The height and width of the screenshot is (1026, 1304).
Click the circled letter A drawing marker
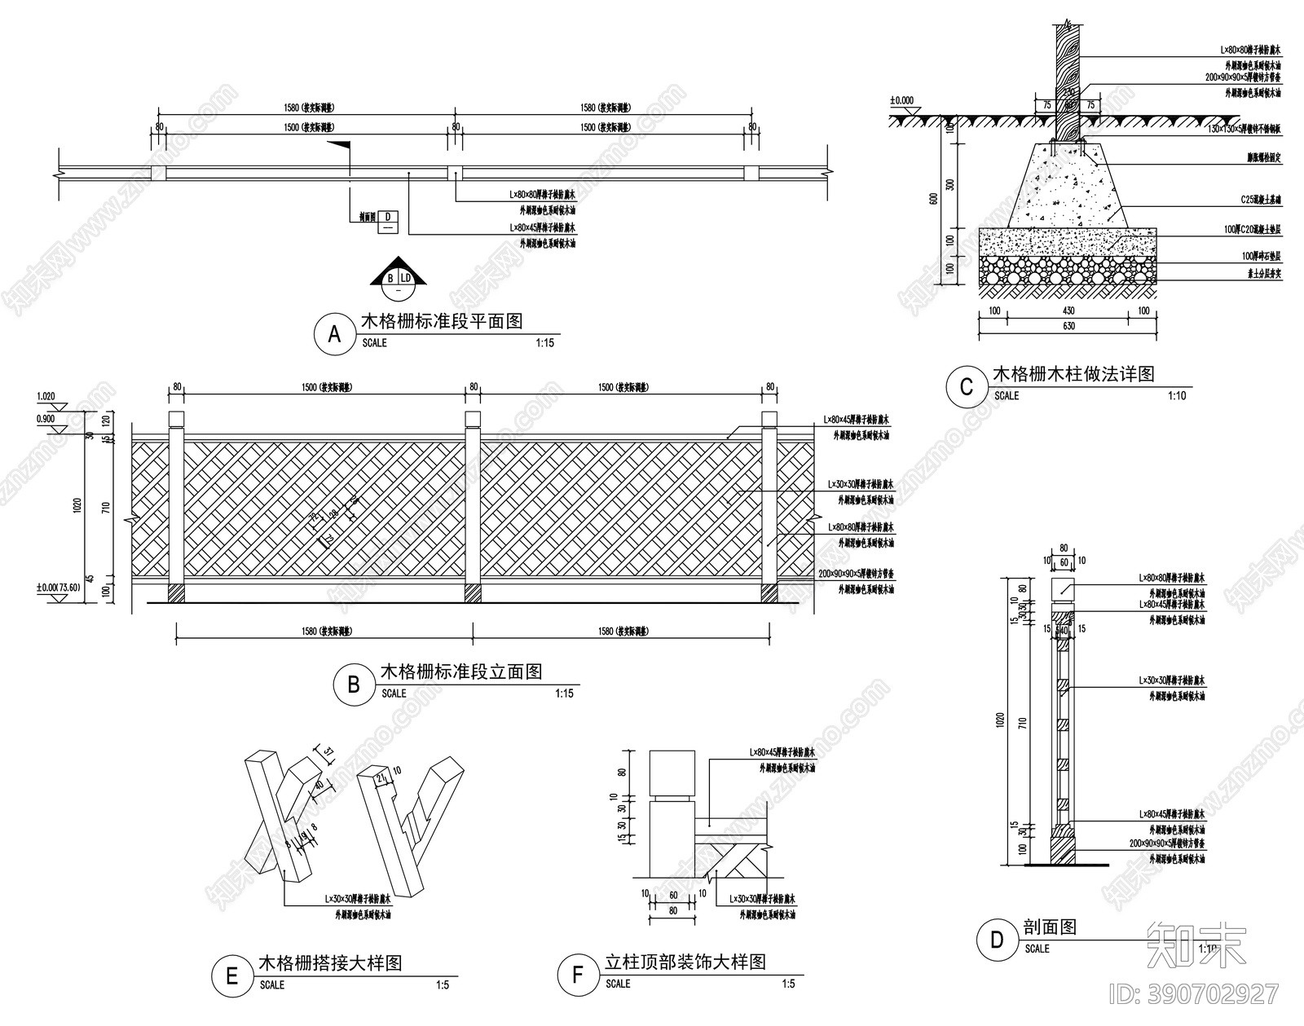point(333,335)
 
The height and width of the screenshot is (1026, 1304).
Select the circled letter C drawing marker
point(966,387)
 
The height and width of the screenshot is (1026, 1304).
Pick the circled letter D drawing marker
point(997,940)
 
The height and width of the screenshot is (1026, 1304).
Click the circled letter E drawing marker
point(231,975)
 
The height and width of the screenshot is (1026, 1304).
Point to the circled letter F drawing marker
point(578,975)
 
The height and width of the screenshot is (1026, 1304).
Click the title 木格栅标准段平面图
point(442,321)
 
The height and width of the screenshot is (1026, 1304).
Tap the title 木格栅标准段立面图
point(461,672)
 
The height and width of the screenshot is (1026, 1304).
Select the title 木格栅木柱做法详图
point(1073,374)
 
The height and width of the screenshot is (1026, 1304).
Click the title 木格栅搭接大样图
point(330,962)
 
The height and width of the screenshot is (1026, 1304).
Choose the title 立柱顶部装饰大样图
point(685,962)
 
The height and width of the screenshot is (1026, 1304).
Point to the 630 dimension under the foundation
point(1068,327)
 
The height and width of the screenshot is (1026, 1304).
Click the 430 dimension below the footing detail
point(1068,310)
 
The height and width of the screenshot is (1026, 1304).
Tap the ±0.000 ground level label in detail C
point(902,101)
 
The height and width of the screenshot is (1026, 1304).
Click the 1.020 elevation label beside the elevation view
point(46,397)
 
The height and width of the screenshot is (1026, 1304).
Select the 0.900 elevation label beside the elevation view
point(46,418)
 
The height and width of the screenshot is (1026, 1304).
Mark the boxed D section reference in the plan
point(388,222)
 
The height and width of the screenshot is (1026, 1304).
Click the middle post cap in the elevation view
point(473,419)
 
